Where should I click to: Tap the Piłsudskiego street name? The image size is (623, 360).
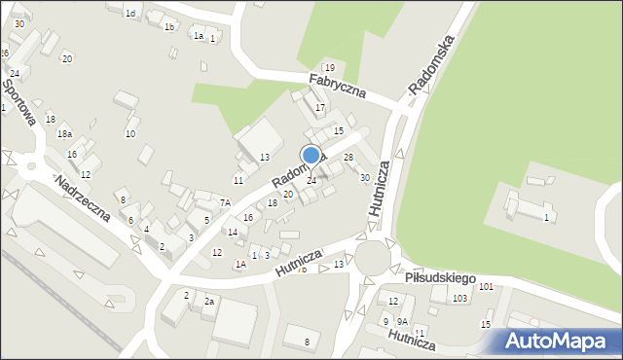[441, 278]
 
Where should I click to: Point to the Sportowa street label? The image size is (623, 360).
[18, 102]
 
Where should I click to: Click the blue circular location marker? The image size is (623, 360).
[311, 155]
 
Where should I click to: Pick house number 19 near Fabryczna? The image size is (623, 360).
[330, 67]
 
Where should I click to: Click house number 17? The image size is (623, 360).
[319, 107]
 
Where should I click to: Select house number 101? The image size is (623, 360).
[486, 286]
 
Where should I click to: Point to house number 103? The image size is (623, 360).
[459, 298]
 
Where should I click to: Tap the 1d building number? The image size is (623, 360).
[130, 14]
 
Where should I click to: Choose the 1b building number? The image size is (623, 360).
[169, 27]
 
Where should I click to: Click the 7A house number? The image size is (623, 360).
[224, 202]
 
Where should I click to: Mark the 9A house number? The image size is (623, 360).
[402, 321]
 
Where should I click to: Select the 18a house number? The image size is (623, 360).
[64, 133]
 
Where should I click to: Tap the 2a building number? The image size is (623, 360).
[209, 302]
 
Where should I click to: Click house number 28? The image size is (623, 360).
[348, 158]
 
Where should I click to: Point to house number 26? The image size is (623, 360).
[5, 53]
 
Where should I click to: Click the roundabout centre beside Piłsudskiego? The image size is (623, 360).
[375, 258]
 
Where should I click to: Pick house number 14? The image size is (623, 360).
[232, 232]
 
